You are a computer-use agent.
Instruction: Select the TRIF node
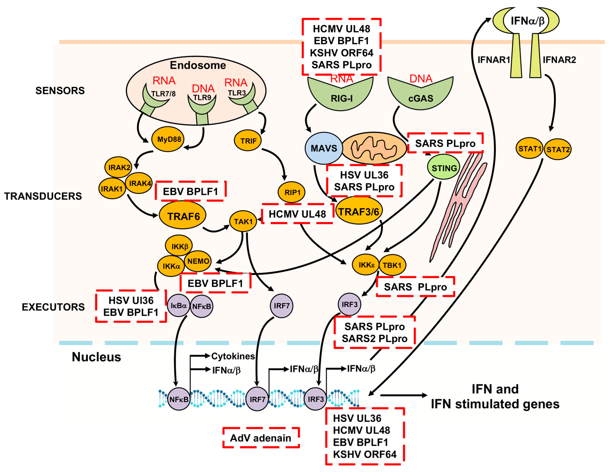coord(247,141)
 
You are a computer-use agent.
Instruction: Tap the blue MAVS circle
coord(324,148)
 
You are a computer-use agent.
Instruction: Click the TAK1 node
coord(243,221)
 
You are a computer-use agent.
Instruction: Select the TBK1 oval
coord(392,265)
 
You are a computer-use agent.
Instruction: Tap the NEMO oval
coord(198,261)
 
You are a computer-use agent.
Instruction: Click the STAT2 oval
coord(558,149)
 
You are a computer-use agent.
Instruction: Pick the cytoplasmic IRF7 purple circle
coord(281,305)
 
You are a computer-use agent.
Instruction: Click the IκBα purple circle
coord(178,305)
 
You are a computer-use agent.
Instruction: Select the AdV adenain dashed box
coord(261,438)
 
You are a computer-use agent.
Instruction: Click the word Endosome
coord(198,65)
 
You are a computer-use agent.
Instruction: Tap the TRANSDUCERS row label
coord(43,196)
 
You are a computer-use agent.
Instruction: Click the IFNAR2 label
coord(559,60)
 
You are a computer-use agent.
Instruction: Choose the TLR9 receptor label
coord(202,97)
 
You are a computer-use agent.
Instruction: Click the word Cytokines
coord(233,356)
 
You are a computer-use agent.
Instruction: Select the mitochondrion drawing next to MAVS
coord(374,148)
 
